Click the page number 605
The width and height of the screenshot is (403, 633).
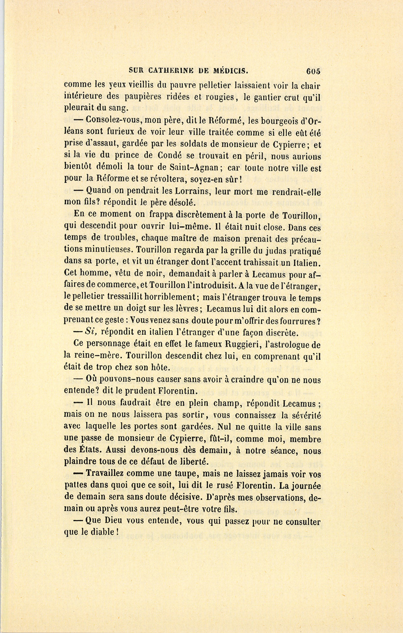pyautogui.click(x=313, y=71)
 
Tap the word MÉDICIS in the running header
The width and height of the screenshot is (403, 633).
pyautogui.click(x=229, y=71)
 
